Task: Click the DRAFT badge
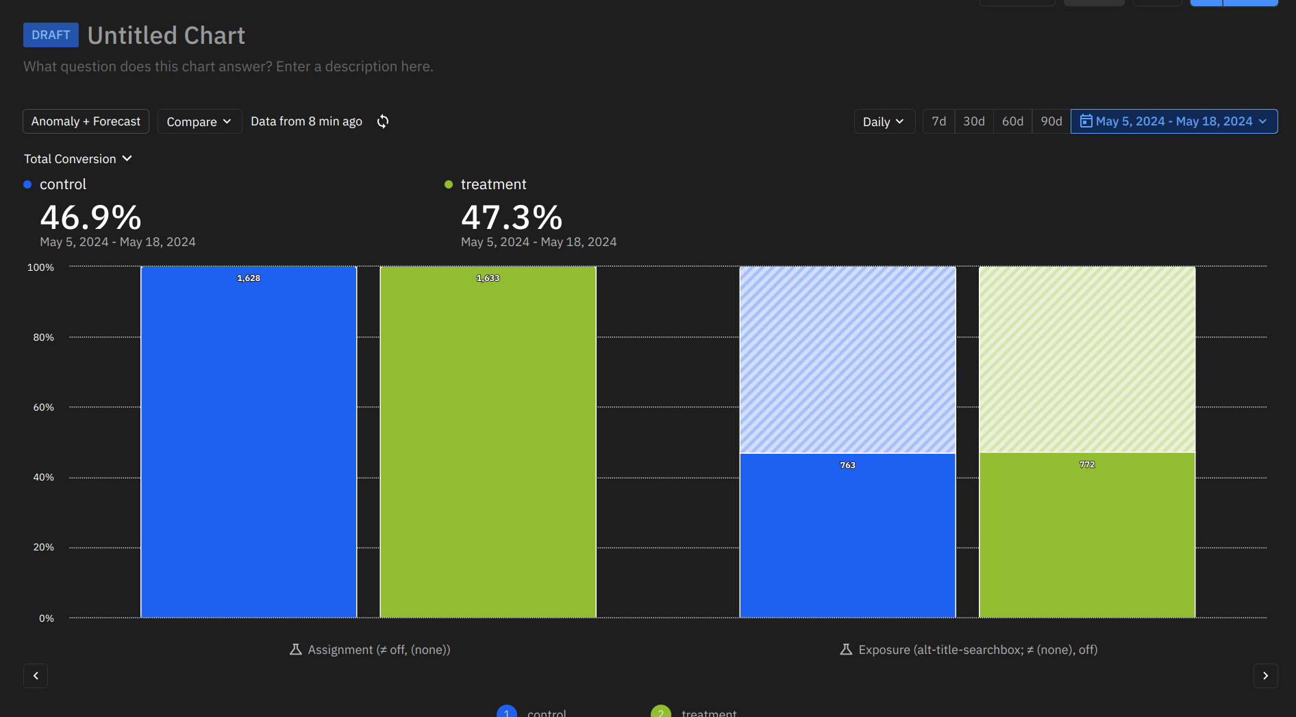[x=51, y=35]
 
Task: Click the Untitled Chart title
[x=166, y=36]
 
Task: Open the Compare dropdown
[x=199, y=121]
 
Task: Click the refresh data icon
[x=383, y=121]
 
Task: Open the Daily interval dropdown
[x=884, y=121]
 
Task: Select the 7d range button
[x=938, y=121]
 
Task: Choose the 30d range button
[x=973, y=121]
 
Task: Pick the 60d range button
[x=1012, y=121]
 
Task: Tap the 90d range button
[x=1051, y=121]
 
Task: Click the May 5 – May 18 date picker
[x=1173, y=121]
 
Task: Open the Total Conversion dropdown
[x=78, y=159]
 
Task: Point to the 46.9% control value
[x=91, y=218]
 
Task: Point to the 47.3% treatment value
[x=512, y=218]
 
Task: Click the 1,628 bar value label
[x=249, y=278]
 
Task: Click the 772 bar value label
[x=1087, y=465]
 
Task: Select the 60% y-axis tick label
[x=43, y=407]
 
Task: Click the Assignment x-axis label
[x=371, y=650]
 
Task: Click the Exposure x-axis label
[x=969, y=650]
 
